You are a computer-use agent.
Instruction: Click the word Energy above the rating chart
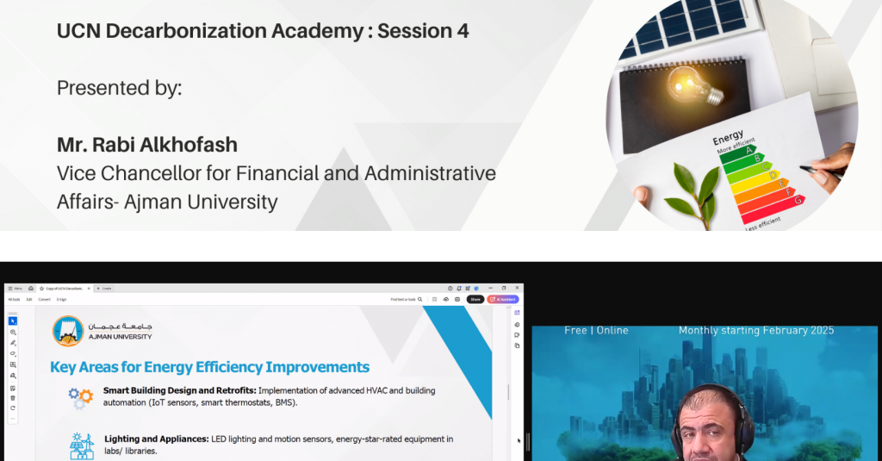coord(728,139)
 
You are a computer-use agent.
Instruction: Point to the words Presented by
coord(120,88)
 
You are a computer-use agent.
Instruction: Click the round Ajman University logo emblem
coord(68,331)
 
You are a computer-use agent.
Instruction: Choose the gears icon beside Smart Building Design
coord(81,397)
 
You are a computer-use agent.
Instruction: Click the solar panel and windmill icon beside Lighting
coord(81,445)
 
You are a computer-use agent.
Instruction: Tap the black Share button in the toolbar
coord(475,299)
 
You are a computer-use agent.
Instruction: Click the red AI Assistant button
coord(503,299)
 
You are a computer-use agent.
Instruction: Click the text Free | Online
coord(596,331)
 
